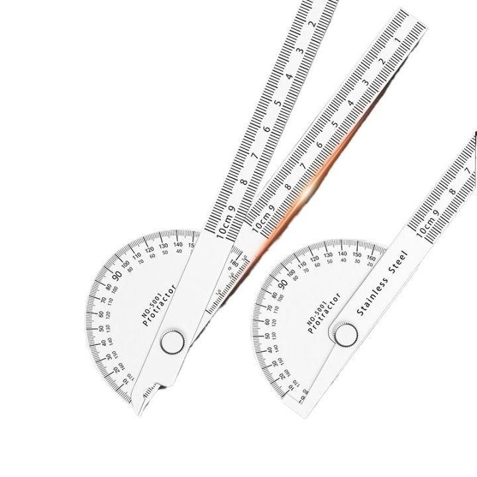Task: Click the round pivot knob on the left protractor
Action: [x=174, y=343]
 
